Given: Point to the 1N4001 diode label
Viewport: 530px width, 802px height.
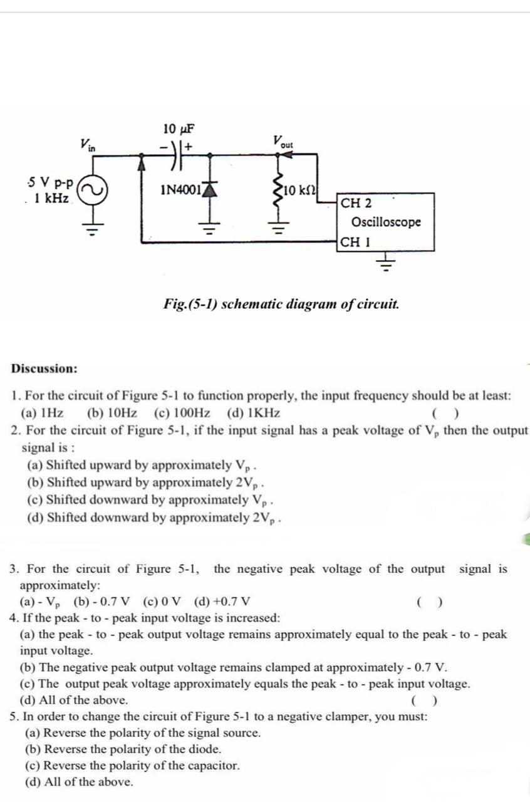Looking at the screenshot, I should coord(180,189).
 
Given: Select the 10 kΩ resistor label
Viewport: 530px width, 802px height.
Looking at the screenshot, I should coord(301,189).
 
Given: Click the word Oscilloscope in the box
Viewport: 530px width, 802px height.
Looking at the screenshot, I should coord(386,222).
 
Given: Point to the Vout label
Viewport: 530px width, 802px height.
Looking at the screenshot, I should coord(283,142).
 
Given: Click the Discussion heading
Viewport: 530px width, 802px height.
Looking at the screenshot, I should coord(44,368).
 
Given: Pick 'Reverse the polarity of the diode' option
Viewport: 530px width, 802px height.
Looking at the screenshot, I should coord(123,749).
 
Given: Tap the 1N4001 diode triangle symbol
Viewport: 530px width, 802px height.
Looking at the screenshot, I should coord(209,185).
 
